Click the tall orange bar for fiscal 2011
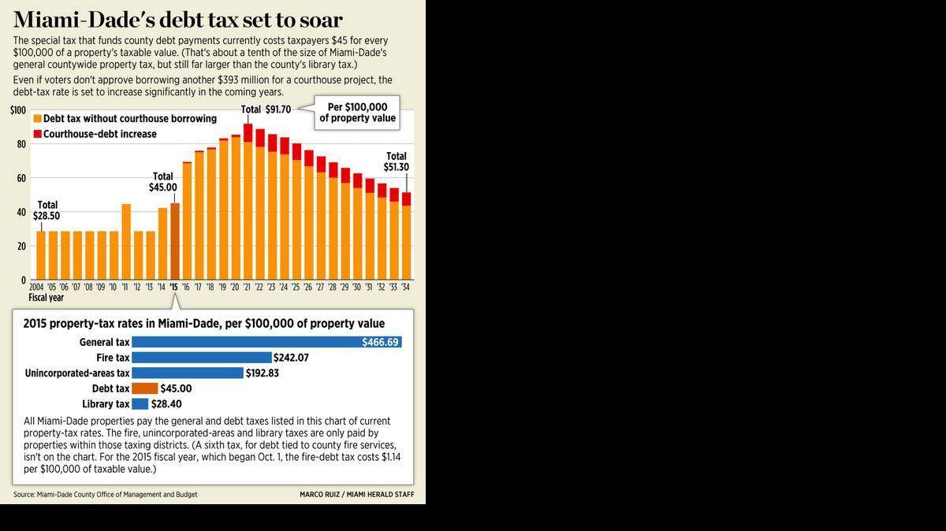[126, 242]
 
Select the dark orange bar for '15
[175, 241]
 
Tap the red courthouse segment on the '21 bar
[248, 133]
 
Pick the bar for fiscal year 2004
[41, 255]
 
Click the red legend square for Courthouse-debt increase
[38, 134]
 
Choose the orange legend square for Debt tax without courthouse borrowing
[38, 119]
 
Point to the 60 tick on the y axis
[21, 178]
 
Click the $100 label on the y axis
[18, 110]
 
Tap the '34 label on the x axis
[405, 287]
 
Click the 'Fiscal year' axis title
[46, 298]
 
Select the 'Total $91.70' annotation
[266, 110]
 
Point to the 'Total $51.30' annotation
[396, 162]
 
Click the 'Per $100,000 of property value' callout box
[357, 113]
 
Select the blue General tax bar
[267, 342]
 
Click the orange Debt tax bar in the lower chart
[145, 388]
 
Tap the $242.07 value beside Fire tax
[291, 358]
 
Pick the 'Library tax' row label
[106, 404]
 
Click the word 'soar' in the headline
[321, 20]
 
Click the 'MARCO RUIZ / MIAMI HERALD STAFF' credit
[357, 494]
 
